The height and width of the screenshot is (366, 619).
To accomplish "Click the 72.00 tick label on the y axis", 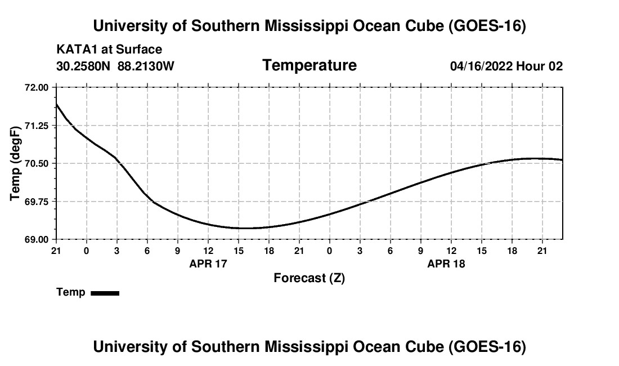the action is (x=37, y=88).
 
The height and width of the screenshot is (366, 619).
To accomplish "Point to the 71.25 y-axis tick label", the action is (x=37, y=126).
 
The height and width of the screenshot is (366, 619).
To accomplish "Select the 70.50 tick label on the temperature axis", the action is (x=37, y=163).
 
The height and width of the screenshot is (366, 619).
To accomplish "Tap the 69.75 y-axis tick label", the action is (x=37, y=202).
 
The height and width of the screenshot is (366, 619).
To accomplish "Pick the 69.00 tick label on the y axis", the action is (x=37, y=240).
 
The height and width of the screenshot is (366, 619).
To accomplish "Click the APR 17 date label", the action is (x=208, y=264).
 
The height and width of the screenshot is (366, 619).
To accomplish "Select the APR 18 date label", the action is (x=446, y=264).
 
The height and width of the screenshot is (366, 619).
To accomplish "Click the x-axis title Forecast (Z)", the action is (x=309, y=278).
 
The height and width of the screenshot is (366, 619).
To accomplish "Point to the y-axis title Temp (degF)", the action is (x=15, y=163).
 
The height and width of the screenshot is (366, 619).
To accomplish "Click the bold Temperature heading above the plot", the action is (x=309, y=65).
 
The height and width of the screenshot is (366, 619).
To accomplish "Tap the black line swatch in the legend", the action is (x=105, y=293).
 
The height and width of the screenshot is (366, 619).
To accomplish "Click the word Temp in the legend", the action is (x=71, y=292).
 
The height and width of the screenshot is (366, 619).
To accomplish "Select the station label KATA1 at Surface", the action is (x=109, y=50).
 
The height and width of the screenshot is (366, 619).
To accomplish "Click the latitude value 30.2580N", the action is (x=83, y=66).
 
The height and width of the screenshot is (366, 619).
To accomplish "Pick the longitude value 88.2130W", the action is (x=146, y=66).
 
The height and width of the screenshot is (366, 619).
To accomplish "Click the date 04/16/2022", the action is (x=482, y=66).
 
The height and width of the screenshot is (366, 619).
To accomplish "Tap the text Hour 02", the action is (x=539, y=66).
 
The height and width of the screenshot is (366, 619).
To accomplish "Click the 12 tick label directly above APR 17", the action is (x=208, y=251).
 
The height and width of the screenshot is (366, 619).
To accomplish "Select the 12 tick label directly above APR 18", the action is (x=451, y=251).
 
